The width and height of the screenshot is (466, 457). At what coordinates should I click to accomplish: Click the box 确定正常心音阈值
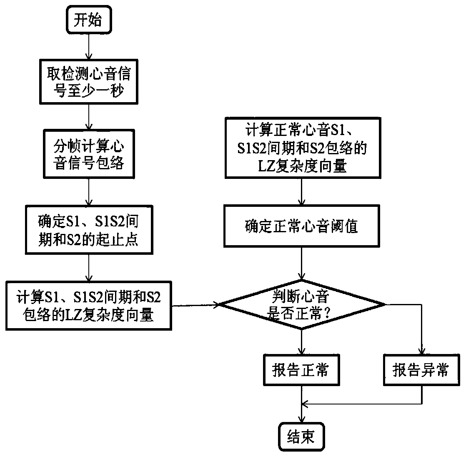click(x=301, y=227)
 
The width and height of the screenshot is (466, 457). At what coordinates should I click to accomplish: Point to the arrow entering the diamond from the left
click(x=196, y=305)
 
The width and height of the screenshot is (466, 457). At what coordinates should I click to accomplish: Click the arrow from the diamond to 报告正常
click(x=301, y=342)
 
